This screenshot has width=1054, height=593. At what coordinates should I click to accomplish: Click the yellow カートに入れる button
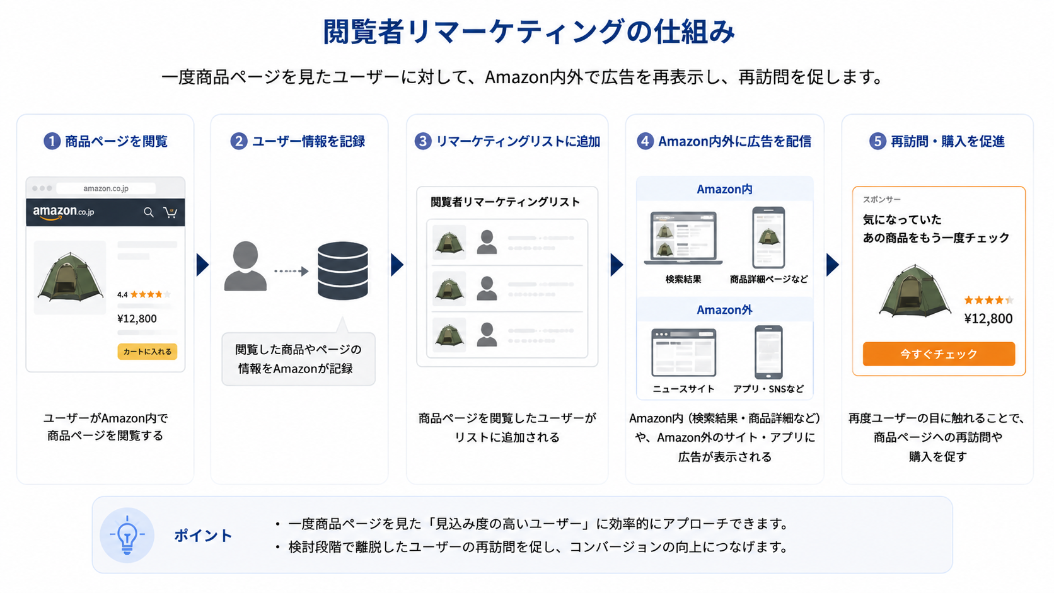coord(148,351)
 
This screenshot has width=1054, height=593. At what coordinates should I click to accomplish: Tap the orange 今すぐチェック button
coord(939,354)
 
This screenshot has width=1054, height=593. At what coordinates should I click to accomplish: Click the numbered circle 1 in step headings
coord(52,141)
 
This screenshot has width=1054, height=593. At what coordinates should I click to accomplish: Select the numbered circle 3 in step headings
coord(423,141)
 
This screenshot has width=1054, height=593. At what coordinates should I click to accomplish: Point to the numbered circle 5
coord(877,141)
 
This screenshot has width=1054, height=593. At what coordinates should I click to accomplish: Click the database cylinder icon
coord(342,270)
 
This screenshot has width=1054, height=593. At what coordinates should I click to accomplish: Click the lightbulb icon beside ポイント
coord(127,534)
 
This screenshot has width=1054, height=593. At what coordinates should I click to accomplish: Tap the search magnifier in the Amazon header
coord(149,212)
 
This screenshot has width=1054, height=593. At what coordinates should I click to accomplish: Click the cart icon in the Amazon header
coord(170,212)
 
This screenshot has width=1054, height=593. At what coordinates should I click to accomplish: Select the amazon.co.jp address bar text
coord(106,188)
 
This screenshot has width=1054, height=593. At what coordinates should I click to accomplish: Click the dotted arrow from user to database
coord(291,271)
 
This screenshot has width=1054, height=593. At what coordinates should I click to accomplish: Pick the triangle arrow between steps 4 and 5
coord(832,265)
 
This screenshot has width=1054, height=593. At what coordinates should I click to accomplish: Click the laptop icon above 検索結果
coord(683,238)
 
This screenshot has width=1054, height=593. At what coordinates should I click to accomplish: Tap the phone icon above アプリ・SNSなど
coord(768,352)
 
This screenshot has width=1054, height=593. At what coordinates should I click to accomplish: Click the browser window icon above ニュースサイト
coord(684,353)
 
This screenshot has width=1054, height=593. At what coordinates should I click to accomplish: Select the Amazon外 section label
coord(724,310)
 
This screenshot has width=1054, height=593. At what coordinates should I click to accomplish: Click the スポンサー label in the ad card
coord(881,199)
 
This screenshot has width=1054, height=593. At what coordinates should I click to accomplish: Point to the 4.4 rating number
coord(122,294)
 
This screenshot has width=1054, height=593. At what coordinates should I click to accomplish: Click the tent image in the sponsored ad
coord(915,291)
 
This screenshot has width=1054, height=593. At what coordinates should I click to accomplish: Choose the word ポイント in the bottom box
coord(203,536)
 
